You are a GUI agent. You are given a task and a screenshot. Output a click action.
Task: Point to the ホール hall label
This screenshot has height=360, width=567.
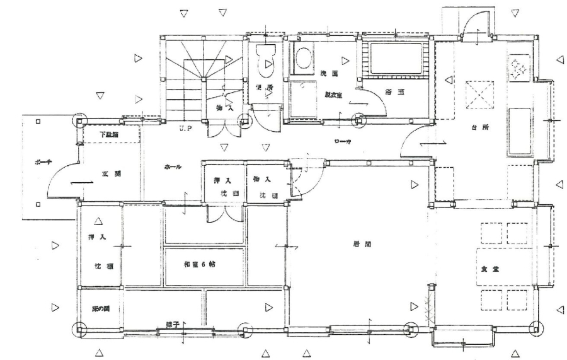pyautogui.click(x=173, y=167)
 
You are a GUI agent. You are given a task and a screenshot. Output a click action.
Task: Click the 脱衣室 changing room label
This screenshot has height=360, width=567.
pyautogui.click(x=333, y=95)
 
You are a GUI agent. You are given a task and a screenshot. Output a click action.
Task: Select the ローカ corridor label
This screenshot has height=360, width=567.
pyautogui.click(x=343, y=142)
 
